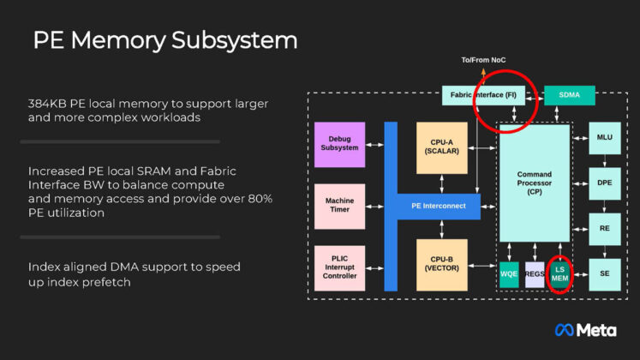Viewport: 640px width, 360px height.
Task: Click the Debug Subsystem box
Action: point(339,143)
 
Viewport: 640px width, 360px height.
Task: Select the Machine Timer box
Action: point(339,206)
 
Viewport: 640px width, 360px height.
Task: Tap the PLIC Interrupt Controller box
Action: point(339,267)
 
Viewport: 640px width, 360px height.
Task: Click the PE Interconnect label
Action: point(437,206)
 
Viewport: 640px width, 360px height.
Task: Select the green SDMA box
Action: point(570,95)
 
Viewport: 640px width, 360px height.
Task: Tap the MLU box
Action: point(604,137)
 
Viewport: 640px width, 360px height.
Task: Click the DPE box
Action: point(604,183)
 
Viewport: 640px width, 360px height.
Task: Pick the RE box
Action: point(604,229)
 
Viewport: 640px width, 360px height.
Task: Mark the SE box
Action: point(604,273)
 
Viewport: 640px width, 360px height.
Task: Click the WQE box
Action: point(509,274)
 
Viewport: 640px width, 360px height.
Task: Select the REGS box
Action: point(535,274)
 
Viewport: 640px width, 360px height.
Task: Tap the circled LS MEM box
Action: point(559,274)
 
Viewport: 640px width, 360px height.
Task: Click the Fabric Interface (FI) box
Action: point(485,95)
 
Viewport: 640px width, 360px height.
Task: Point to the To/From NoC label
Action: point(485,59)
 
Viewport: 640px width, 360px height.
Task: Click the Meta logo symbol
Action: point(564,330)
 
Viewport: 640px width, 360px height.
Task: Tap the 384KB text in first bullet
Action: point(48,104)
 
